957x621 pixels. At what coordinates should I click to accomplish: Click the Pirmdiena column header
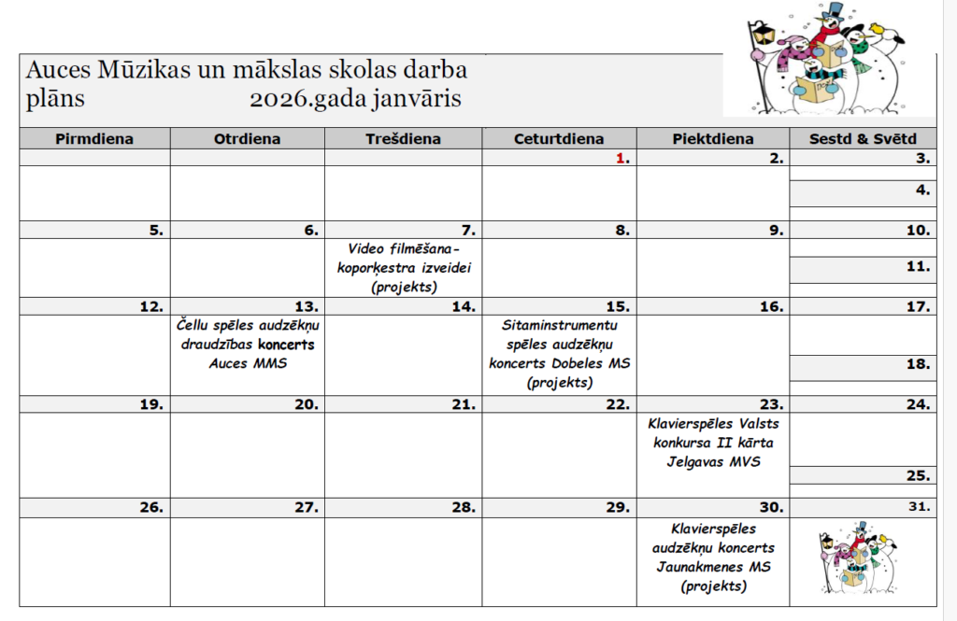click(x=94, y=139)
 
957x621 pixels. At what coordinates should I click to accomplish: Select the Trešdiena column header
click(x=403, y=139)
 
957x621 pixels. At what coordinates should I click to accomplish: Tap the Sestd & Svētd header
click(x=863, y=139)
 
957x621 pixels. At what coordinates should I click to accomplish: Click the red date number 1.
click(x=621, y=159)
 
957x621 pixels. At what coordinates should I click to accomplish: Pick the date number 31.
click(x=921, y=508)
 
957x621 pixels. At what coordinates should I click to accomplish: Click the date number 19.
click(x=151, y=404)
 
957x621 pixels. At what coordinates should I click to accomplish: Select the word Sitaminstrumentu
click(x=560, y=325)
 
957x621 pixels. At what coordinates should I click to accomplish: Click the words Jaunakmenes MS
click(x=713, y=567)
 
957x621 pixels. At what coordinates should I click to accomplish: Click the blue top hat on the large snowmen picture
click(x=834, y=11)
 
